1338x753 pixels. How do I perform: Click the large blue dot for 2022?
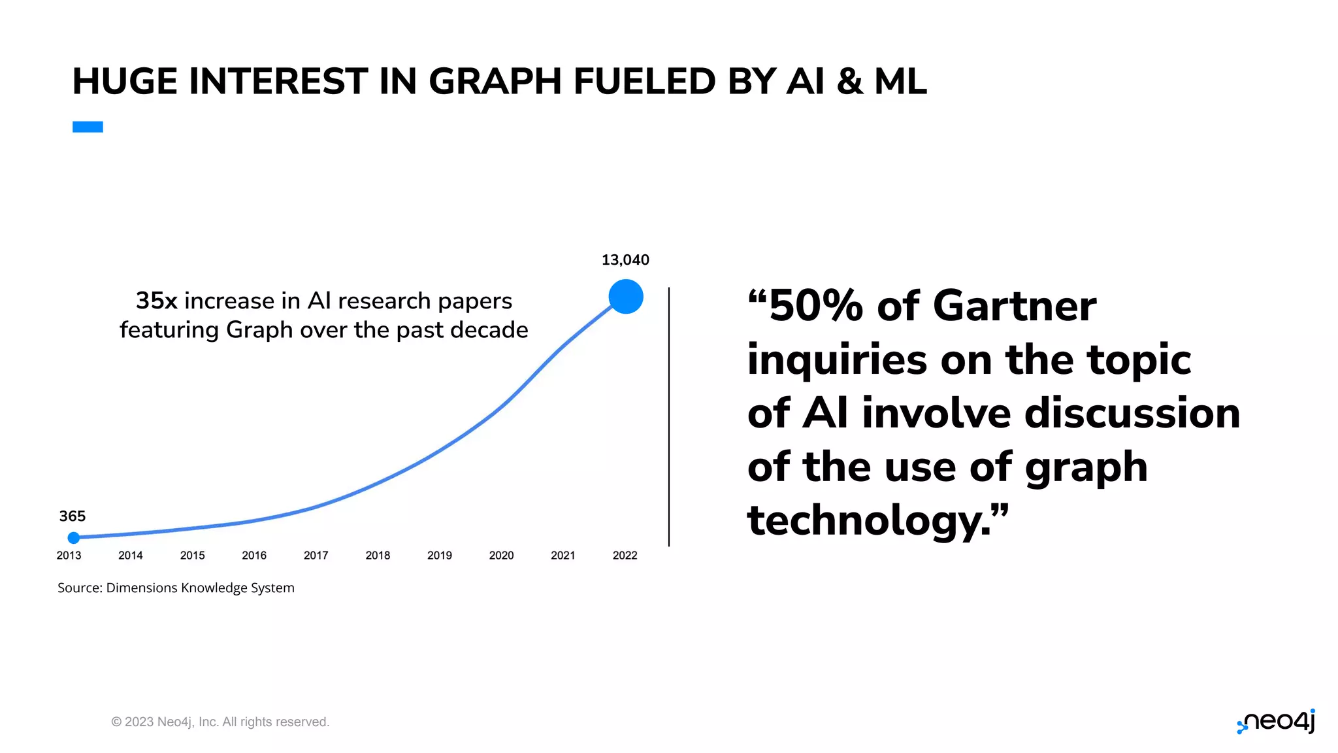(x=625, y=297)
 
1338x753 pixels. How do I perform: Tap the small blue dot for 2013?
(x=74, y=538)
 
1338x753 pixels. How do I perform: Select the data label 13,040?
(x=625, y=260)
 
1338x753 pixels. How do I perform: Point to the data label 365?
(x=72, y=516)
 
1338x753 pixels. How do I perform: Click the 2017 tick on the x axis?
(x=316, y=556)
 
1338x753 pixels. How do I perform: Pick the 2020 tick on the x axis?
(x=501, y=556)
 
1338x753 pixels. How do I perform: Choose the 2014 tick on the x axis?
(x=130, y=556)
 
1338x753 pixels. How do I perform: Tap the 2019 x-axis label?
(x=439, y=556)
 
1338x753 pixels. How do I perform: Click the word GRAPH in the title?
(x=497, y=82)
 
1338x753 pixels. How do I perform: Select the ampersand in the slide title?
(x=849, y=82)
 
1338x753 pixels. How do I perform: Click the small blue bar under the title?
(x=88, y=127)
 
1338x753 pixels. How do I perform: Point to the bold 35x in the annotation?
(x=156, y=301)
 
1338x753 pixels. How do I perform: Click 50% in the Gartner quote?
(x=815, y=306)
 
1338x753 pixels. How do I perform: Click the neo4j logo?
(x=1276, y=722)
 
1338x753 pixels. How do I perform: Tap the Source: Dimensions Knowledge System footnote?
(x=176, y=588)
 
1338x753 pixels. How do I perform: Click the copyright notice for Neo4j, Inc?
(x=220, y=722)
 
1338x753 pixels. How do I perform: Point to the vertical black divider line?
(x=669, y=416)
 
